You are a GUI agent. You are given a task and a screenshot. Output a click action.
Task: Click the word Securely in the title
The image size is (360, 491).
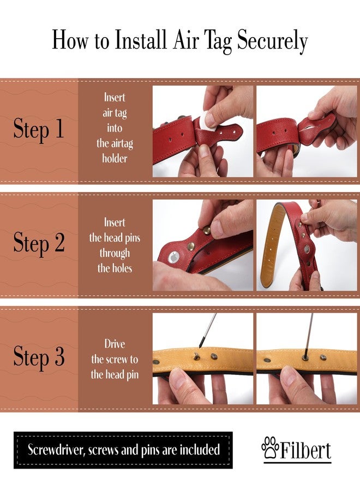[272, 41]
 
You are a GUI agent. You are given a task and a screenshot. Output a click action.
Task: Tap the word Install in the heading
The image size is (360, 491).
[141, 39]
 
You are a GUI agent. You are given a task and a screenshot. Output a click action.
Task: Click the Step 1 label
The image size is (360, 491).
[39, 128]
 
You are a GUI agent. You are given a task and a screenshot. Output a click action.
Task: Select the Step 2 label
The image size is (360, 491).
[39, 242]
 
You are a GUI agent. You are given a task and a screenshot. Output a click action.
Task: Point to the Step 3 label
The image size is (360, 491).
[39, 356]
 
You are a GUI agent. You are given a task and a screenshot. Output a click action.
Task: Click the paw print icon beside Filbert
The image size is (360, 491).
[270, 447]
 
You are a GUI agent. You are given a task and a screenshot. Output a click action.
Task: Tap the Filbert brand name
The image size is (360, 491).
[305, 450]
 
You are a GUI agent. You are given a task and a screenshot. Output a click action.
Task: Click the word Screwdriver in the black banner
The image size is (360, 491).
[56, 450]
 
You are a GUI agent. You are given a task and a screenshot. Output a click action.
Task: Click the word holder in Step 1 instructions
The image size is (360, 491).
[115, 158]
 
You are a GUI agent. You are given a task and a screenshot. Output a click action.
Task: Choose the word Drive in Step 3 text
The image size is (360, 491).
[115, 344]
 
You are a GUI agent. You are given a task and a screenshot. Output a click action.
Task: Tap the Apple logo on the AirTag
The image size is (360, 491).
[173, 258]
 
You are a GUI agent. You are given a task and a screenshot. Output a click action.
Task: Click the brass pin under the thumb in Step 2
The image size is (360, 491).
[207, 230]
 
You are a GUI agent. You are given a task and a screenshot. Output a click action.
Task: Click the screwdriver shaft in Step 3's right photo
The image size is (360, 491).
[308, 334]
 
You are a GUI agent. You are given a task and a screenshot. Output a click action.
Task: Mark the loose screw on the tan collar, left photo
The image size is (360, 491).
[196, 356]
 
